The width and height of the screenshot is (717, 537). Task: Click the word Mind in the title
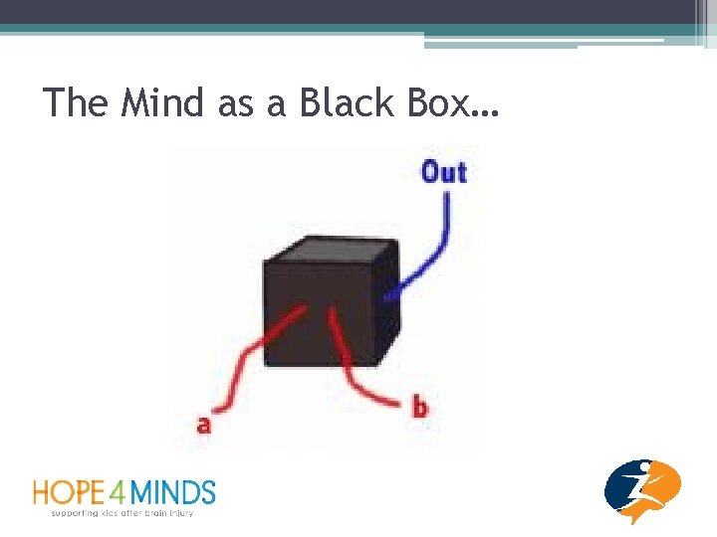[x=162, y=102]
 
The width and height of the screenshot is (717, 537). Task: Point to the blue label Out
[x=443, y=172]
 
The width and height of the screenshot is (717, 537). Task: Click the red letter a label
[x=204, y=425]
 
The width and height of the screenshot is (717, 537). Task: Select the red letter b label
[x=419, y=407]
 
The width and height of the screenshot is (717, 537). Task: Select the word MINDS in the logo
[x=175, y=492]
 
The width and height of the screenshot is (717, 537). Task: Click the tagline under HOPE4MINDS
[x=121, y=512]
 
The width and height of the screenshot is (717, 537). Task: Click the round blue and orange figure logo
[x=642, y=490]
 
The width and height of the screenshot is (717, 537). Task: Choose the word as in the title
[x=235, y=104]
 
